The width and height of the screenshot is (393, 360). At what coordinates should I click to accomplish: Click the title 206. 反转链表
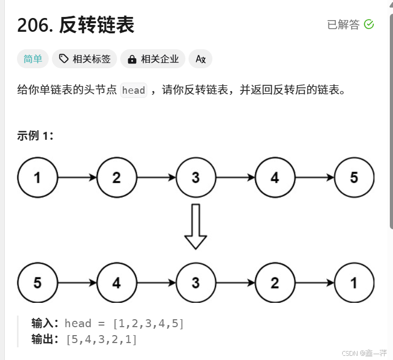tap(76, 25)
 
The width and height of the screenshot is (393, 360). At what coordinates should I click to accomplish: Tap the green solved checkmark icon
tap(369, 24)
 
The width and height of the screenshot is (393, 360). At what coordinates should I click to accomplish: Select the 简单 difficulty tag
tap(33, 59)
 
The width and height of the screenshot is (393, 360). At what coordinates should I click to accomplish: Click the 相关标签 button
tap(85, 59)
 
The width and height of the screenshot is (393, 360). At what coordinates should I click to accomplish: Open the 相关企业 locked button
tap(153, 59)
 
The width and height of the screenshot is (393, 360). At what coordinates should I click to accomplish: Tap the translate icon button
tap(200, 59)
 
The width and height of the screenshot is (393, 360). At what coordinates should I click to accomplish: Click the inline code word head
tap(133, 90)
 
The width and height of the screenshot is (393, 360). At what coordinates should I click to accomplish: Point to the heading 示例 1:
tap(35, 136)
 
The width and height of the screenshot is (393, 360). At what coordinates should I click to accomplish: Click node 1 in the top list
tap(37, 177)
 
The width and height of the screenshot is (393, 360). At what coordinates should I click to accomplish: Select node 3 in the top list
tap(195, 177)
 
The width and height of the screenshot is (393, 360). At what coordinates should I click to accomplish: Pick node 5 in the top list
tap(354, 177)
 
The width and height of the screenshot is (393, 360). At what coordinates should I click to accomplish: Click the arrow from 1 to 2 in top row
tap(77, 177)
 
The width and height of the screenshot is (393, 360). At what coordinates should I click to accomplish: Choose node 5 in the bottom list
tap(37, 283)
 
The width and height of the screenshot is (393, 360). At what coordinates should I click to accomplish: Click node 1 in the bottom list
tap(354, 283)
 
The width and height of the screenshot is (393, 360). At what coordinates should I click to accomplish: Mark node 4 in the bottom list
tap(117, 283)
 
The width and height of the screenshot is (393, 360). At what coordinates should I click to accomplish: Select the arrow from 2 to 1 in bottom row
tap(314, 283)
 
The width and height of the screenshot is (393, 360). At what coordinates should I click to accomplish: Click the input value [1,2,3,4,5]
tap(148, 323)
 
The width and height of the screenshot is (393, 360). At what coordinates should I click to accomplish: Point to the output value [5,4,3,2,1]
tap(102, 339)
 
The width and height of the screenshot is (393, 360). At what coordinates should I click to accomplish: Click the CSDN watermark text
tap(364, 353)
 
